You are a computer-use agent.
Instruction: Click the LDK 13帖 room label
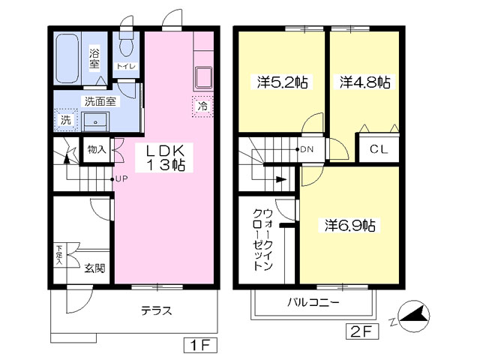164,157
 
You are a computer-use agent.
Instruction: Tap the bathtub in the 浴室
67,58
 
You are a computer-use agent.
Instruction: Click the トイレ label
126,66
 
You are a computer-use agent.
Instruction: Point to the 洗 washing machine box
65,120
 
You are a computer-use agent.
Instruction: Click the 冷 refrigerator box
202,106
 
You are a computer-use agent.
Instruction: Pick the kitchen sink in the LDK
203,78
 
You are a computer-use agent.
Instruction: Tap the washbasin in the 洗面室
95,121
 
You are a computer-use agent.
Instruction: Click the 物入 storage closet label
97,150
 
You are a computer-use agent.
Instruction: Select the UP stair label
121,179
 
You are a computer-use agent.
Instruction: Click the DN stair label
307,149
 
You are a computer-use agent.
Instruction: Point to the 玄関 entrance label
95,268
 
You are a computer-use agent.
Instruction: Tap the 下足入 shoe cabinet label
59,255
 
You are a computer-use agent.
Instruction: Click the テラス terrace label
157,310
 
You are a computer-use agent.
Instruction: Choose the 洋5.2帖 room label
282,82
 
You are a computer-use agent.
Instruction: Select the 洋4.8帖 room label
365,82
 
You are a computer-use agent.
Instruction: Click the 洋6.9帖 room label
350,226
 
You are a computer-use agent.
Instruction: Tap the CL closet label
379,149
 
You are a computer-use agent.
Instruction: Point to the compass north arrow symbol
414,315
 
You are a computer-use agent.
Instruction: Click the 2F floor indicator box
362,331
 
